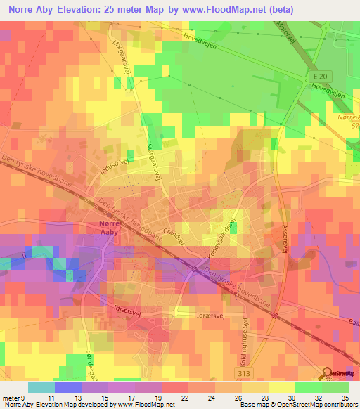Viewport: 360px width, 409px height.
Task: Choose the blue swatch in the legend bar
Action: tap(68, 387)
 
